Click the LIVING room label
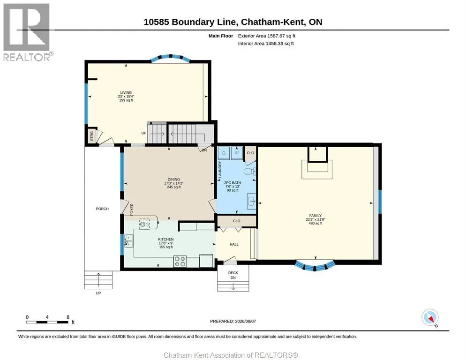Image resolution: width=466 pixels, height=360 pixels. pyautogui.click(x=126, y=92)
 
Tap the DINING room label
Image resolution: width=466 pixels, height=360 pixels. pyautogui.click(x=174, y=179)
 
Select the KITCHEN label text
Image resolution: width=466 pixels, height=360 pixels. pyautogui.click(x=166, y=240)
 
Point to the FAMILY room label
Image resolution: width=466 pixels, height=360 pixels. pyautogui.click(x=316, y=216)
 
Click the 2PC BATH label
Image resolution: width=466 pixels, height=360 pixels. pyautogui.click(x=233, y=183)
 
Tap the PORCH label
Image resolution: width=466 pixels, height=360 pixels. pyautogui.click(x=102, y=209)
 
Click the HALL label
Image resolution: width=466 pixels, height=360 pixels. pyautogui.click(x=234, y=244)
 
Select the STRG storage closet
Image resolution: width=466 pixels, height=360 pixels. pyautogui.click(x=92, y=136)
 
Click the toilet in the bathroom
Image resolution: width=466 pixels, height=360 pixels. pyautogui.click(x=249, y=172)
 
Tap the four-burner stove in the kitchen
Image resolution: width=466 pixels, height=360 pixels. pyautogui.click(x=180, y=261)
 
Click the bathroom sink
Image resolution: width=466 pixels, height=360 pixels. pyautogui.click(x=251, y=202)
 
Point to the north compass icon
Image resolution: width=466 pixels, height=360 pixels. pyautogui.click(x=430, y=318)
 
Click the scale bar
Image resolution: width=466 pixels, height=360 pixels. pyautogui.click(x=47, y=322)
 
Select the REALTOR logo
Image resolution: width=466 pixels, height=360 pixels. pyautogui.click(x=27, y=32)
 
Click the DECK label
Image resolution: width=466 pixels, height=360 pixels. pyautogui.click(x=233, y=273)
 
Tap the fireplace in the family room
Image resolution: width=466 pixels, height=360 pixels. pyautogui.click(x=317, y=163)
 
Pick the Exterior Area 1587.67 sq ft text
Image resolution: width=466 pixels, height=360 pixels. pyautogui.click(x=267, y=36)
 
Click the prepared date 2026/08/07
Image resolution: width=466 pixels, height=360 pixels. pyautogui.click(x=245, y=322)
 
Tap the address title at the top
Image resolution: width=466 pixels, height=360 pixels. pyautogui.click(x=233, y=22)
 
